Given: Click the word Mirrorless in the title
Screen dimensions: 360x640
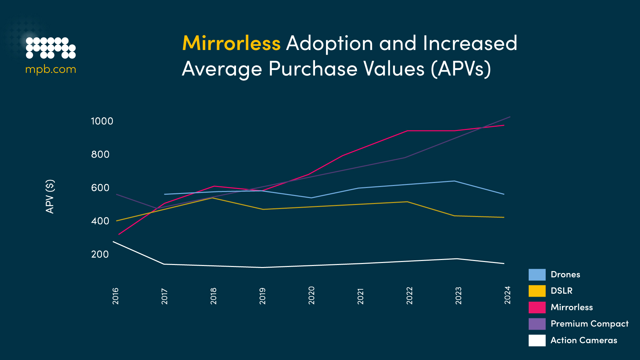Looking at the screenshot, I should coord(231,43).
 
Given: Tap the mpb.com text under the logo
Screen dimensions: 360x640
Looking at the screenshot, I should coord(51,69).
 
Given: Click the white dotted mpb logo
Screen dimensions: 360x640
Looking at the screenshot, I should coord(51,48).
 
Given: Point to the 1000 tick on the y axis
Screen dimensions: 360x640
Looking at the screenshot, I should coord(102,121).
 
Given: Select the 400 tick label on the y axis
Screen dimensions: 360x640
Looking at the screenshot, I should coord(100,221).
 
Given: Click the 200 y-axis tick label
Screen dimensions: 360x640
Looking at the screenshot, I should coord(100,254).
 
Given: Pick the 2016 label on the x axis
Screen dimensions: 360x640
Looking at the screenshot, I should coord(115,296).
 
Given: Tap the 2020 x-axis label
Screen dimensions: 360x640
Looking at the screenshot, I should coord(311,295).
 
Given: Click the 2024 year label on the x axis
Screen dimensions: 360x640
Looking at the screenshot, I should coord(507,295).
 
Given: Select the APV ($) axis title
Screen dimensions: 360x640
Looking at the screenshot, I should coord(50,196).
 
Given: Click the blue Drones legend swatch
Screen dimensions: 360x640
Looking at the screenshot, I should coord(537,275).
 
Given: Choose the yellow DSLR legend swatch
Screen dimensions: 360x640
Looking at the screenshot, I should coord(537,291).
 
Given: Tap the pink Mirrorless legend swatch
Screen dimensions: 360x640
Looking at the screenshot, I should coord(537,307).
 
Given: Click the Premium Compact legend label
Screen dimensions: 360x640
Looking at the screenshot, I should coord(589,324).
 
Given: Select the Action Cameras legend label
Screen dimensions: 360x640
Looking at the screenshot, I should coord(584,340).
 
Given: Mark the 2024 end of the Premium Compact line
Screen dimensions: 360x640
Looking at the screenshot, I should coord(510,117).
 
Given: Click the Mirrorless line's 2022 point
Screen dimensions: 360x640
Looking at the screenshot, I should coord(407,131).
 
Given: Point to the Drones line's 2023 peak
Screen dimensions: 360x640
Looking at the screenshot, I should coord(455,181).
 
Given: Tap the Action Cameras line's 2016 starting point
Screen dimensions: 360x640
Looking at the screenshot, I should coord(114,242).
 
